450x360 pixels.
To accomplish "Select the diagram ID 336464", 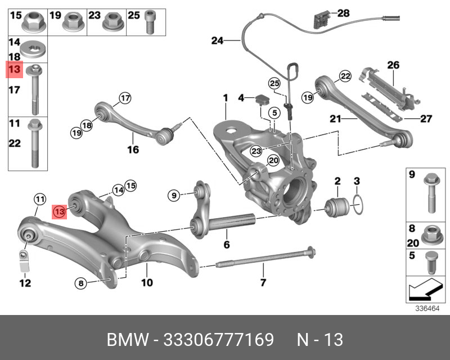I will point(426,308).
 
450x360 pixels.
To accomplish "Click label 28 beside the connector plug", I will point(343,13).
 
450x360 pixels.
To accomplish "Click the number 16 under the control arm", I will point(132,150).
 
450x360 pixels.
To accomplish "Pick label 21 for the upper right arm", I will point(335,119).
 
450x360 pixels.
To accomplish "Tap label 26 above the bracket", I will point(393,65).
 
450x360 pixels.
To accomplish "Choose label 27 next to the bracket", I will point(427,119).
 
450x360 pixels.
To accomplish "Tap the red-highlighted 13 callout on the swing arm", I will point(60,211).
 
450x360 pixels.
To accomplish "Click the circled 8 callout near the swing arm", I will point(81,283).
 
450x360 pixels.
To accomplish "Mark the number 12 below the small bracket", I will point(25,283).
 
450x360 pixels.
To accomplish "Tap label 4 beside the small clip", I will point(241,98).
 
